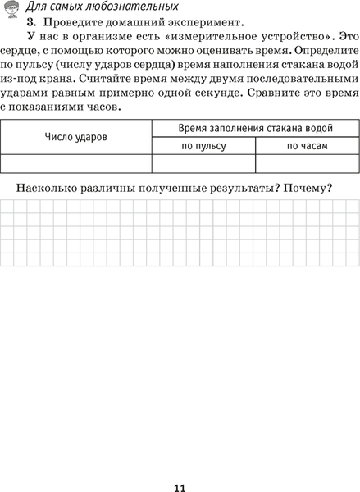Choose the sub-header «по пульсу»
(204, 146)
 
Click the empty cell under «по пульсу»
(204, 163)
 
